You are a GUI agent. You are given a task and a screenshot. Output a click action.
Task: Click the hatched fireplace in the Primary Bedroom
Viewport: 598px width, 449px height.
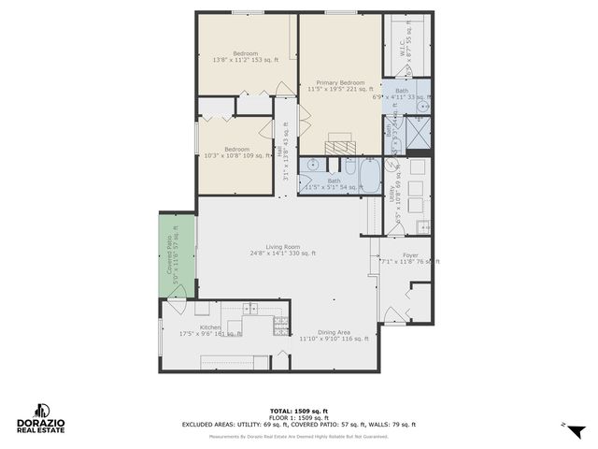pos(340,142)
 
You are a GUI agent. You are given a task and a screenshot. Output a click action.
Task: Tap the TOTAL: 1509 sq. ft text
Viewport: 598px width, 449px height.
pos(299,411)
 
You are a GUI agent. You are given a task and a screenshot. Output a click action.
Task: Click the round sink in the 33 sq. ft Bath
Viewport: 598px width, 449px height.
pos(423,107)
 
